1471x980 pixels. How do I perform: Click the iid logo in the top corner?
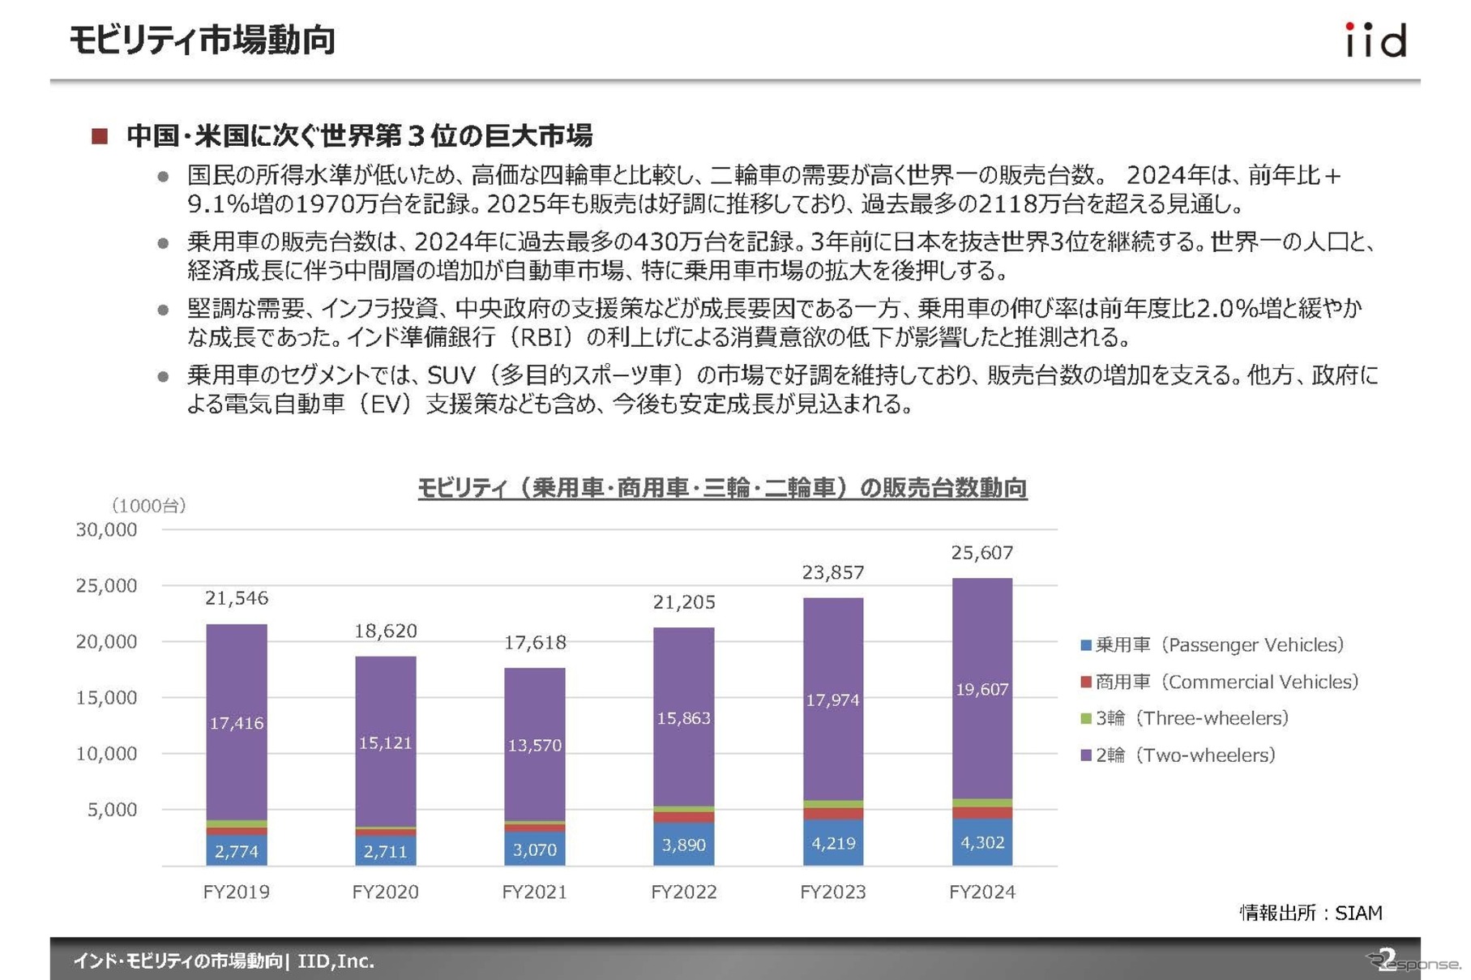point(1375,41)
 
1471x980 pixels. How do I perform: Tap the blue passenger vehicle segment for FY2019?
point(236,850)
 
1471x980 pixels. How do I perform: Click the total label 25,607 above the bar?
point(981,553)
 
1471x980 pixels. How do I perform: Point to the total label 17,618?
point(535,643)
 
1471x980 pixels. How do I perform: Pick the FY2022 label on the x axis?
point(684,892)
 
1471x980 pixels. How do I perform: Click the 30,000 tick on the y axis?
point(107,530)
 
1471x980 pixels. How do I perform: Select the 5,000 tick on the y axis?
point(113,810)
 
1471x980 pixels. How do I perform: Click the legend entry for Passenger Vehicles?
point(1212,645)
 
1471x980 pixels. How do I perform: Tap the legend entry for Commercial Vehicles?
point(1219,682)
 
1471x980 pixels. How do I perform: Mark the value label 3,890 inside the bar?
point(684,845)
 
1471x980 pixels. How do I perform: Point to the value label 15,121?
point(385,742)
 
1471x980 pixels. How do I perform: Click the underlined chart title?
point(722,488)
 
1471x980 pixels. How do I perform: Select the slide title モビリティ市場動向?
point(203,40)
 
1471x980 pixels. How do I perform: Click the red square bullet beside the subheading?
point(100,136)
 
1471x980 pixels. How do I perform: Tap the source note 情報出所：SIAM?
point(1311,913)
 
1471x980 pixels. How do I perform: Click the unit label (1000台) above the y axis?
point(149,506)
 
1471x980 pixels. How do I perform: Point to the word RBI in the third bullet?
point(534,336)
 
